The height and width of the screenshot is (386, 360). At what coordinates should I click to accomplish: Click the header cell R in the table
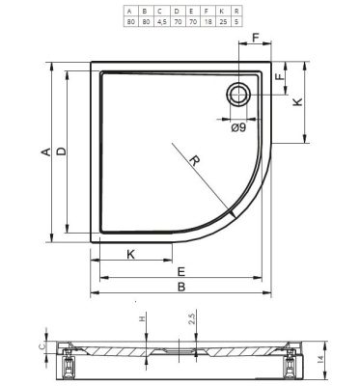(236, 12)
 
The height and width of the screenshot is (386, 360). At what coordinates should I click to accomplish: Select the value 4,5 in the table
(161, 21)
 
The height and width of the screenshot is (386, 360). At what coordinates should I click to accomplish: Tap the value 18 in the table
(207, 21)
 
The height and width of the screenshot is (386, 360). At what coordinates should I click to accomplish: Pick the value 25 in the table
(221, 21)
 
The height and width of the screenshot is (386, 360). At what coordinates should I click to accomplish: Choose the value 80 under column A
(130, 21)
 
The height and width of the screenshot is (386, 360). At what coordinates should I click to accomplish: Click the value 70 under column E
(192, 21)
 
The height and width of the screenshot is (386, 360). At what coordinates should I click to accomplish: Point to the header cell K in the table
(221, 12)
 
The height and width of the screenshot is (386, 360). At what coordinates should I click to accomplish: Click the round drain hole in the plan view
(238, 95)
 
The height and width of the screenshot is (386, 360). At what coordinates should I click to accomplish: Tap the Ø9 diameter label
(238, 127)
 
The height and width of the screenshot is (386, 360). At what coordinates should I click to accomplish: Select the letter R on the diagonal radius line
(195, 160)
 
